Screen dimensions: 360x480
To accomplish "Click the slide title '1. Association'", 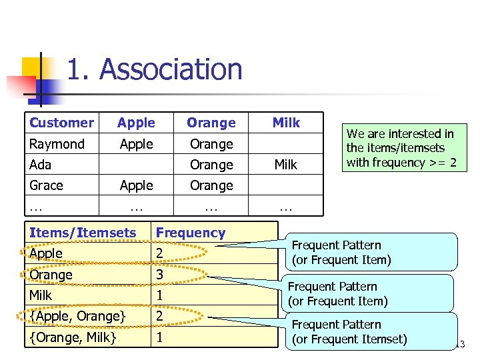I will (x=155, y=69).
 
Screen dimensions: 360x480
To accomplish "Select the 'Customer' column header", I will (x=61, y=123).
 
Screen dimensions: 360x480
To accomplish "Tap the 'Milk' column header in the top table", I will (x=286, y=123).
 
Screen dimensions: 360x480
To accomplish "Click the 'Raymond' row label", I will (x=57, y=144).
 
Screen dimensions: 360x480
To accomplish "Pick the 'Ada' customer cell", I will (x=40, y=165).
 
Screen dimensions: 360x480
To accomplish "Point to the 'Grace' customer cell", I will (x=46, y=185).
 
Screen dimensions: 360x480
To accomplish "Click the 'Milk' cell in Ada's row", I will (x=286, y=165).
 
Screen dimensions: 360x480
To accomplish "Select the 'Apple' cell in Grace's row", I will (x=136, y=185).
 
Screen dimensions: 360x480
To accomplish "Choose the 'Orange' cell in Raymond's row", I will (x=211, y=144).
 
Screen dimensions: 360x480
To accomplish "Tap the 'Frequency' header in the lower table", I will (x=190, y=233).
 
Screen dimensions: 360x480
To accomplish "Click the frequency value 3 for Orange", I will (x=159, y=274).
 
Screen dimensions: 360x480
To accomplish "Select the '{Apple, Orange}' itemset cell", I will (x=77, y=315).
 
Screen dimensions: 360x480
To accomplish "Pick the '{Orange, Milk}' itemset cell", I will (x=73, y=337).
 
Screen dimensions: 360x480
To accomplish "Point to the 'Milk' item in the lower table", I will (x=41, y=295).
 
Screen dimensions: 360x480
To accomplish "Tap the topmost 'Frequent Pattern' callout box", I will (x=373, y=252).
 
